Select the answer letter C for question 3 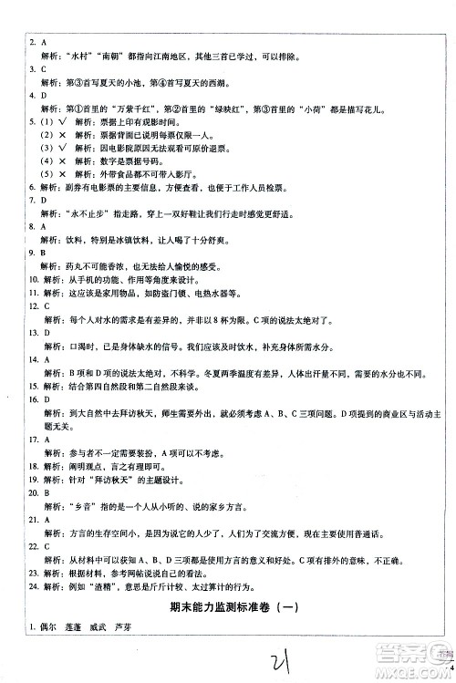[42, 68]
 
